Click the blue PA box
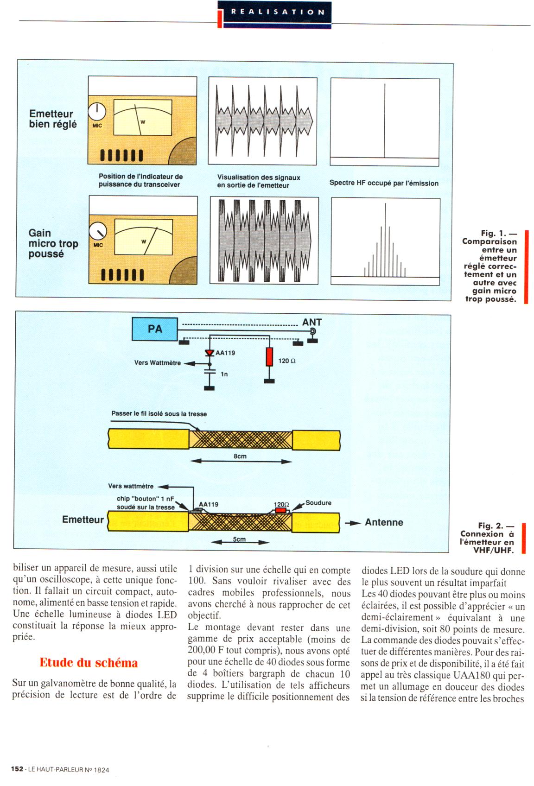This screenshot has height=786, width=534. tap(154, 329)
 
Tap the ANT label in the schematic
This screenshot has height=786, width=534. tap(311, 322)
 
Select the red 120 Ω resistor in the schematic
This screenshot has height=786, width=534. tap(269, 357)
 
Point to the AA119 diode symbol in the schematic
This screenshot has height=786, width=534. tap(210, 353)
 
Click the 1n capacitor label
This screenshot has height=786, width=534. tap(224, 374)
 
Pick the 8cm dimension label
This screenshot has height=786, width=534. tap(240, 456)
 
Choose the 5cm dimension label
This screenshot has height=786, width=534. tap(239, 539)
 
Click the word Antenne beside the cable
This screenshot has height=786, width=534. tap(384, 522)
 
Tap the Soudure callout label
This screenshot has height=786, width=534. tap(318, 502)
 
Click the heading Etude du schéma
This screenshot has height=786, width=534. tap(89, 663)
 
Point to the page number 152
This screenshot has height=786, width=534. tap(17, 769)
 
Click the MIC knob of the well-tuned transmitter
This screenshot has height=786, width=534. tap(97, 111)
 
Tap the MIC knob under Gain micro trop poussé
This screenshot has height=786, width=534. tap(97, 231)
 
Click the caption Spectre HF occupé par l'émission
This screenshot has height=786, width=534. tap(384, 183)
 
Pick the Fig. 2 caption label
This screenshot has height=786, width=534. tap(496, 526)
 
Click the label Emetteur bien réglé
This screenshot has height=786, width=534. tap(53, 119)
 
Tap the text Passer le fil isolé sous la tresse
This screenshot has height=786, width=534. tap(159, 413)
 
